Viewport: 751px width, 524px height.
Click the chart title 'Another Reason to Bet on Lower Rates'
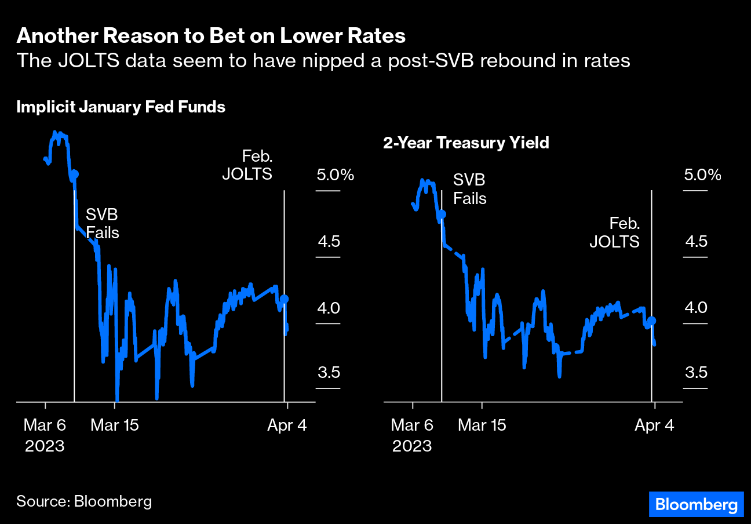211,36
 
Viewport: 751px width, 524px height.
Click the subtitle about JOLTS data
323,60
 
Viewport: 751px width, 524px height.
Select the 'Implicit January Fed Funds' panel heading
121,107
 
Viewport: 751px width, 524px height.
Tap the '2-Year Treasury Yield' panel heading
466,143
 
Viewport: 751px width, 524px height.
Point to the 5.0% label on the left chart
334,174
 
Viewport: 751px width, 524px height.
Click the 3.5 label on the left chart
328,372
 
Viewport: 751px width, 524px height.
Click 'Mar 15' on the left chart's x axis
115,425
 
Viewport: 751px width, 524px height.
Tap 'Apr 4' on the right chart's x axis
654,425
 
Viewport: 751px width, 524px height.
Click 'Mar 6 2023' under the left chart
45,435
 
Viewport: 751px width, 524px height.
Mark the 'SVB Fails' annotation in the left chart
102,224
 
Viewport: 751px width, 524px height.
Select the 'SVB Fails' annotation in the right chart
469,189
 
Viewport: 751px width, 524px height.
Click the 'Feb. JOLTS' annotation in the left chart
247,165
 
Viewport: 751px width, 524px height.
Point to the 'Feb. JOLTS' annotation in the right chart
614,232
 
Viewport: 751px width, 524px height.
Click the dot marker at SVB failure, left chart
74,173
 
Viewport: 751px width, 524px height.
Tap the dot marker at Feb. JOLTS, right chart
651,321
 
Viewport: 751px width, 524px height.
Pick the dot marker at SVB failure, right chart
442,214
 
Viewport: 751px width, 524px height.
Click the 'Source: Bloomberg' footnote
84,501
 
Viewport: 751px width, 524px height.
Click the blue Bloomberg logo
695,504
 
